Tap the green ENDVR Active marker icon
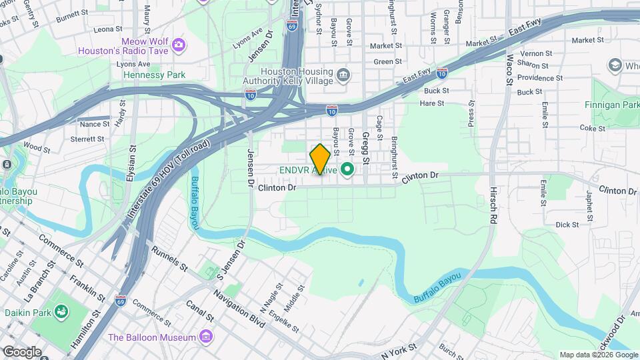click(347, 169)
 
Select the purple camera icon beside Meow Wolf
click(178, 45)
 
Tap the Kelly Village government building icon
click(343, 73)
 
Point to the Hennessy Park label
click(155, 75)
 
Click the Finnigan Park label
click(611, 105)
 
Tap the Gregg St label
click(365, 148)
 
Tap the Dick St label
click(567, 225)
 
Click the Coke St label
click(591, 127)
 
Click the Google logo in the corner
click(22, 352)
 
